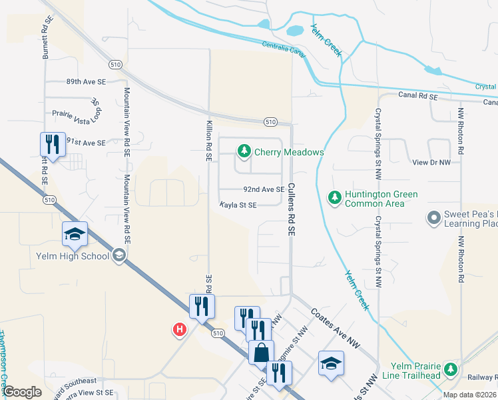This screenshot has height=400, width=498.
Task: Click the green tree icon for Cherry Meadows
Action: pyautogui.click(x=244, y=152)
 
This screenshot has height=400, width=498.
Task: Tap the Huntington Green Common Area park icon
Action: pyautogui.click(x=335, y=198)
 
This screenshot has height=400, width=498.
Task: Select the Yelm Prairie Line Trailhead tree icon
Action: pyautogui.click(x=451, y=369)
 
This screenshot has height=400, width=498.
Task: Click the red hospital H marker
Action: pyautogui.click(x=178, y=329)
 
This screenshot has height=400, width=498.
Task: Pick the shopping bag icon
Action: pyautogui.click(x=262, y=351)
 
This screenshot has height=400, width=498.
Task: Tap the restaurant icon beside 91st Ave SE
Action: pyautogui.click(x=51, y=144)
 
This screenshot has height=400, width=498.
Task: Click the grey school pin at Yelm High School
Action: pyautogui.click(x=119, y=254)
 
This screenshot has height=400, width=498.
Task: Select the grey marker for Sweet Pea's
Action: pyautogui.click(x=434, y=218)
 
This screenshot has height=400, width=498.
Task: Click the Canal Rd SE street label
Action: pyautogui.click(x=418, y=97)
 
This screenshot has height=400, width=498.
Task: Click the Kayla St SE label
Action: pyautogui.click(x=238, y=205)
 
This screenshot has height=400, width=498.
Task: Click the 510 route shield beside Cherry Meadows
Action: pyautogui.click(x=270, y=122)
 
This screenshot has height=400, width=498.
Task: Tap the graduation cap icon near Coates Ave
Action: pyautogui.click(x=331, y=363)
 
